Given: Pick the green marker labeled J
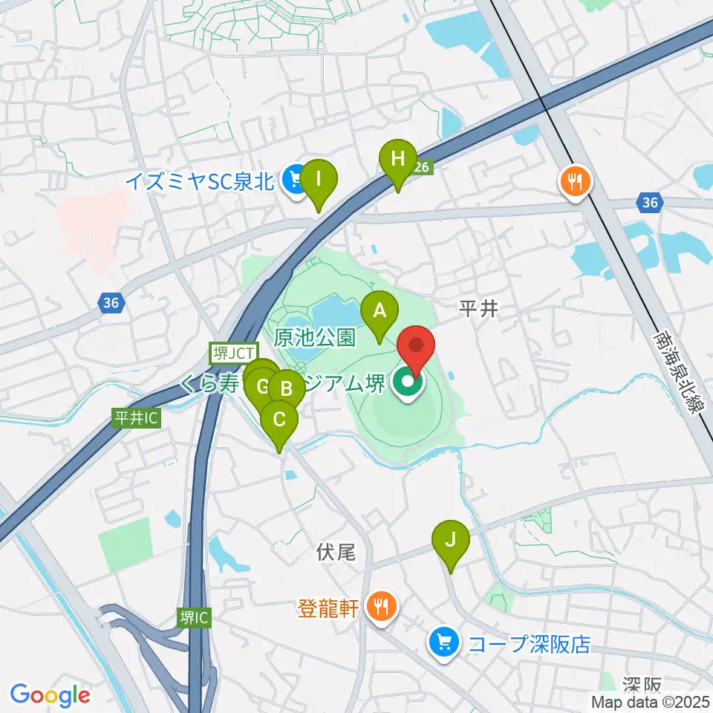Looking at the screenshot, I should click(x=450, y=541).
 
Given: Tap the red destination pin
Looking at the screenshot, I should click(x=417, y=347).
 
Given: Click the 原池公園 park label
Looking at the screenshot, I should click(x=314, y=338).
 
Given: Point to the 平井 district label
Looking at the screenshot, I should click(x=476, y=310).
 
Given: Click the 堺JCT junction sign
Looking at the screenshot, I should click(x=233, y=354).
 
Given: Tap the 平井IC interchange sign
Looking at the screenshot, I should click(x=136, y=418).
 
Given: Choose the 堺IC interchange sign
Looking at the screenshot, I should click(x=194, y=616).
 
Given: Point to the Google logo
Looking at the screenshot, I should click(x=51, y=694).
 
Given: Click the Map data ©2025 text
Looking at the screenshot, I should click(x=651, y=701).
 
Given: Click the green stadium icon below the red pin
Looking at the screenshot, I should click(x=408, y=384).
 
